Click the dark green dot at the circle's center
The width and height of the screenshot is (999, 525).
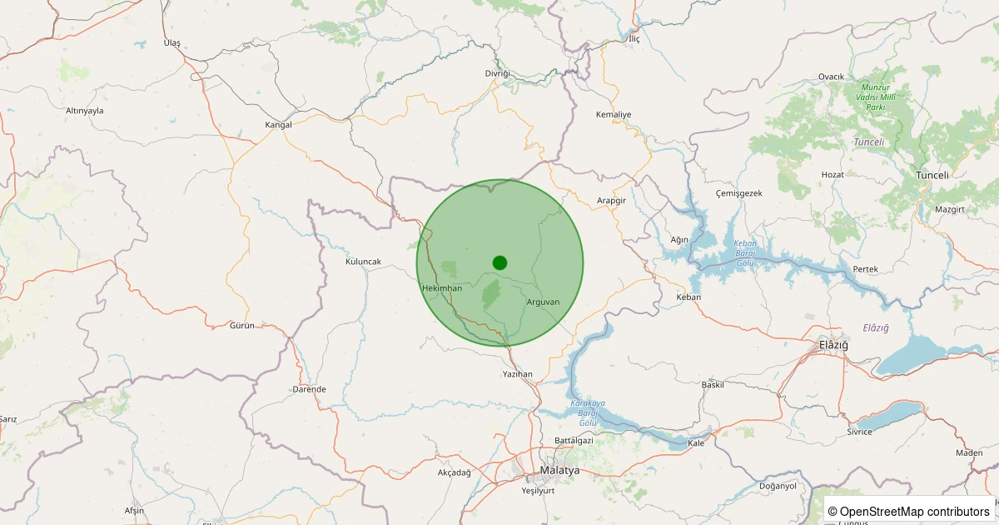(x=499, y=262)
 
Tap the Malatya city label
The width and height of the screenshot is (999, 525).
(x=559, y=471)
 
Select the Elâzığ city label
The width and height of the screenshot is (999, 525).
(x=833, y=344)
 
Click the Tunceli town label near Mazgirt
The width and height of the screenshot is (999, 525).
(x=932, y=175)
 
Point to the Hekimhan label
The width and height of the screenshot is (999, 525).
(x=442, y=288)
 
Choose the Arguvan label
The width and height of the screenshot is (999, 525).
(x=544, y=302)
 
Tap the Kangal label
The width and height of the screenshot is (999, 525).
(x=278, y=125)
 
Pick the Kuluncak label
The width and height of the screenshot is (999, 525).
(x=363, y=262)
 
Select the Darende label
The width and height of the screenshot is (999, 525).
(x=309, y=389)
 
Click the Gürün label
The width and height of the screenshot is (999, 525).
(x=241, y=326)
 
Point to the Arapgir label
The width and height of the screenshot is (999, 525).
(x=611, y=201)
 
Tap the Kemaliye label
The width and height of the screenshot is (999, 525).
(x=614, y=114)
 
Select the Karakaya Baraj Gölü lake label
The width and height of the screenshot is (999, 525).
(x=589, y=413)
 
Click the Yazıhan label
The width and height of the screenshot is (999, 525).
(x=517, y=374)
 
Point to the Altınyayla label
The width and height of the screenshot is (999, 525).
(x=84, y=111)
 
